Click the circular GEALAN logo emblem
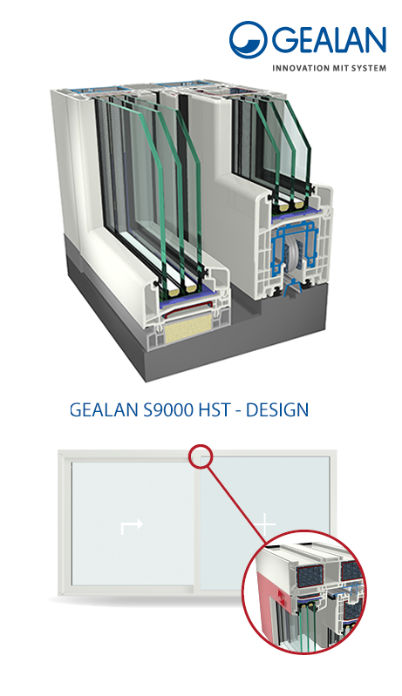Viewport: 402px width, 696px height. click(x=248, y=39)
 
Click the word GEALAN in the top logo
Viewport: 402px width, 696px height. click(x=329, y=39)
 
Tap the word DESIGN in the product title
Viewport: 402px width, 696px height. click(x=276, y=409)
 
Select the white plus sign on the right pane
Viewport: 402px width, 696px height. click(x=265, y=524)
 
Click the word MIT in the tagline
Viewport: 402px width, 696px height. click(x=342, y=68)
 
